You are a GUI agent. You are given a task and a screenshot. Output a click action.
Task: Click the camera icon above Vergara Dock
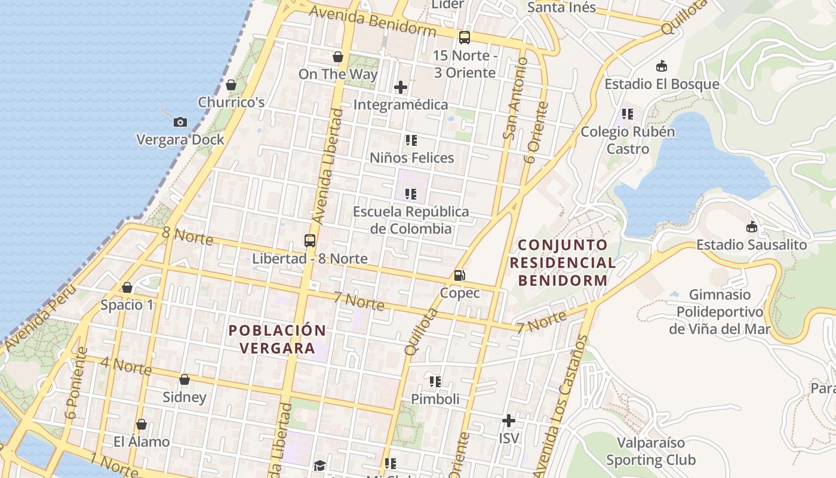point(180,122)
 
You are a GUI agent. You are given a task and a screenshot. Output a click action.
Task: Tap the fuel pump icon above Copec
point(459,275)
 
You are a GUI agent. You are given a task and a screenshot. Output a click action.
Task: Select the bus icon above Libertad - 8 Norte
point(309,241)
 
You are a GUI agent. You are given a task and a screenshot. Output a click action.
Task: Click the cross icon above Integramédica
point(400,88)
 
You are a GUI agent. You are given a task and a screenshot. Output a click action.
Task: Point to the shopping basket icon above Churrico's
point(231,85)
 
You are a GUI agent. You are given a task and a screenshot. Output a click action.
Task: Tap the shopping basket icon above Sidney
point(185,379)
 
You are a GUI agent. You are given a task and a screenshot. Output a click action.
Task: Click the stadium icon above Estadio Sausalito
point(751,227)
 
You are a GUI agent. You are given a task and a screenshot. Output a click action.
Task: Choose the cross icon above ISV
point(508,421)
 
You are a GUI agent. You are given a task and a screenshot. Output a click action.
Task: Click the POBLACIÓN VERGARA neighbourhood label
point(278,339)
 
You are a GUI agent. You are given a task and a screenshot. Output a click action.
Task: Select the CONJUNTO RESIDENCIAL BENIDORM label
point(563,262)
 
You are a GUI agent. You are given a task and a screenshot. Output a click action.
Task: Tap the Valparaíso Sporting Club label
point(650,452)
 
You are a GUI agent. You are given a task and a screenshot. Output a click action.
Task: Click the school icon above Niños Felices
point(411,140)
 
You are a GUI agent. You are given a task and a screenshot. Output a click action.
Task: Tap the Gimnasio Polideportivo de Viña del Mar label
point(720,312)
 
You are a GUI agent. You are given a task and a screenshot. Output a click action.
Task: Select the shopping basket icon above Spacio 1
point(127,287)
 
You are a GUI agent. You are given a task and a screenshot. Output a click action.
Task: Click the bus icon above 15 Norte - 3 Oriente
point(464,38)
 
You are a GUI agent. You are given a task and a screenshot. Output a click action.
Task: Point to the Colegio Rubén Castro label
point(628,140)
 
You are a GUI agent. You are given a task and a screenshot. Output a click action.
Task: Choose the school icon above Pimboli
point(435,381)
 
